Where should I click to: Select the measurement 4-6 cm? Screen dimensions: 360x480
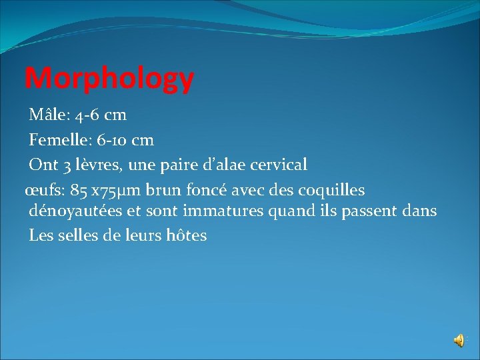(97, 115)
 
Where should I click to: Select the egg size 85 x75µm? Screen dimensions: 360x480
(100, 191)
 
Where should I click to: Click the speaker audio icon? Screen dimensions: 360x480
(459, 341)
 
